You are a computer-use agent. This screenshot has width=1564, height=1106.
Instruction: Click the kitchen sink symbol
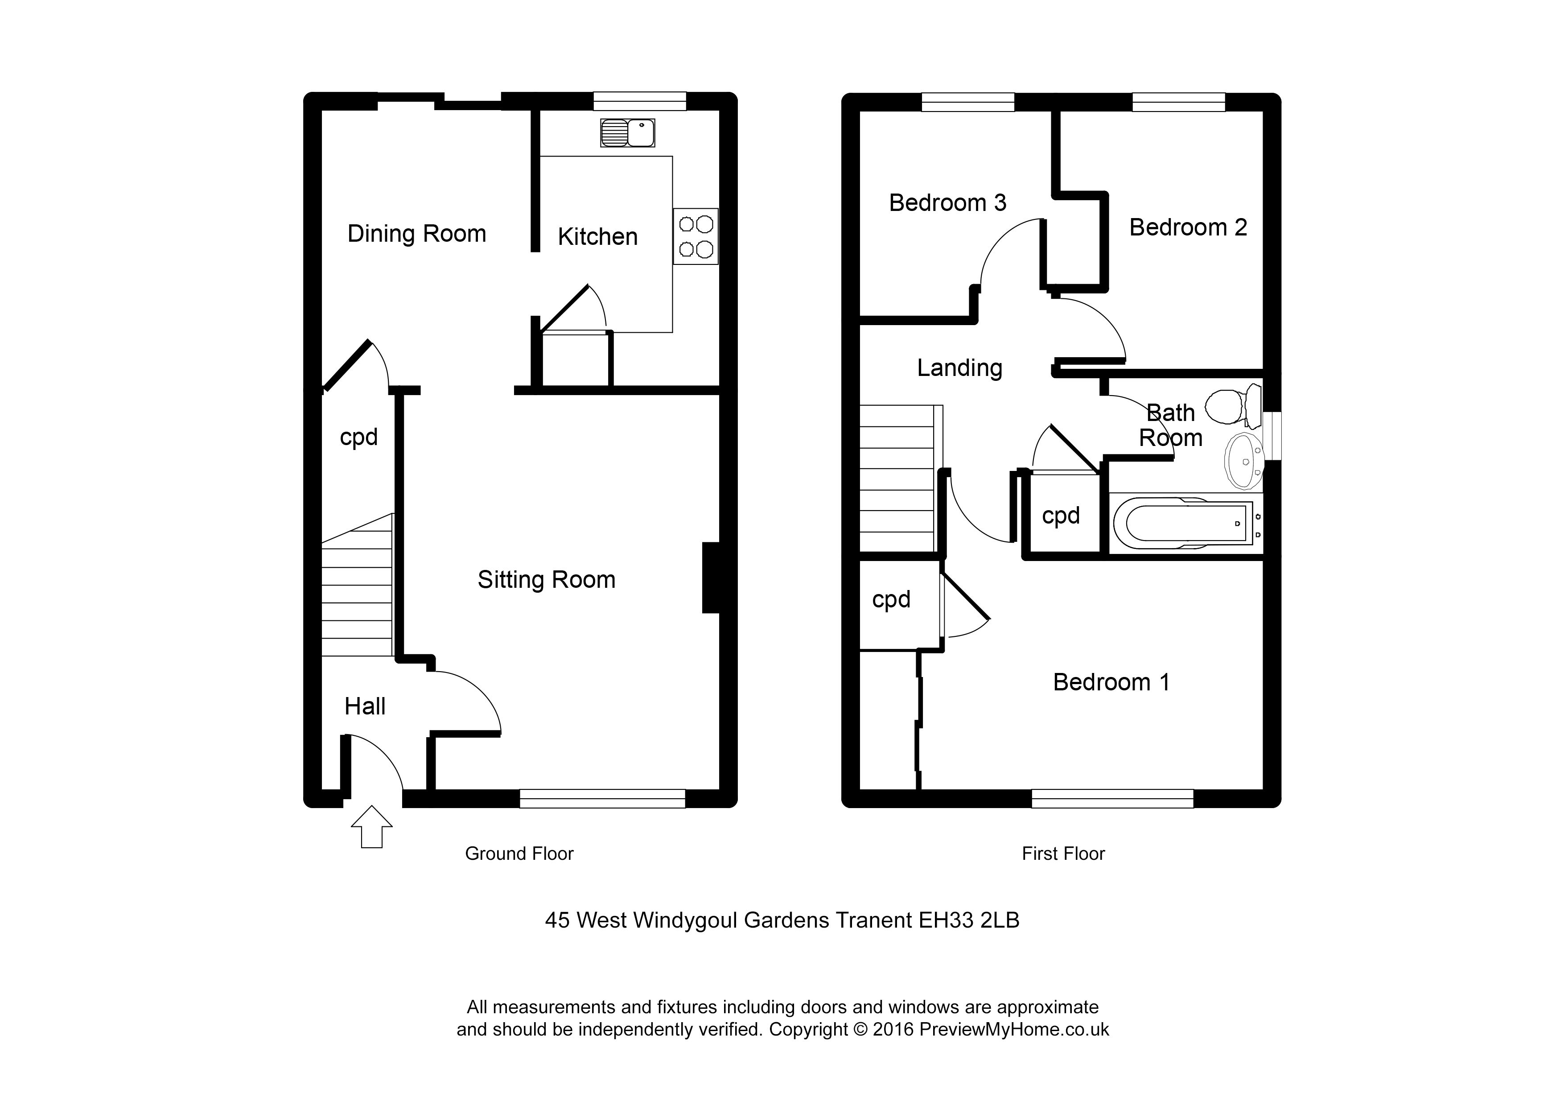627,133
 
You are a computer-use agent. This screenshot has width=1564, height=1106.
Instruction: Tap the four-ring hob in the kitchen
696,236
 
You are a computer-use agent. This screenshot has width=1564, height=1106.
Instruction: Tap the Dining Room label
417,234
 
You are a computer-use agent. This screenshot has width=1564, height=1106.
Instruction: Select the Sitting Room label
546,580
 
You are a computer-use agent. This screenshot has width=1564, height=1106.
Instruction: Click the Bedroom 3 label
947,202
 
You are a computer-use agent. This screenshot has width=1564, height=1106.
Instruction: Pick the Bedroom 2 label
1188,227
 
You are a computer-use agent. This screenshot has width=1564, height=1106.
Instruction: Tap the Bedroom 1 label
1111,682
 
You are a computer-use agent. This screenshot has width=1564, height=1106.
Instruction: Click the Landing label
959,368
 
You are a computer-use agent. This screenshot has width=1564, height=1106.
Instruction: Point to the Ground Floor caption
519,854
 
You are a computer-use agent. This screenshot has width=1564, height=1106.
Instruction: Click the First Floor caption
1062,854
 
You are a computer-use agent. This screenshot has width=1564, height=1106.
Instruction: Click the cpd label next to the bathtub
1061,516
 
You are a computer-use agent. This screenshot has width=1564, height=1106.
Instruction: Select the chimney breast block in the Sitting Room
711,577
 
